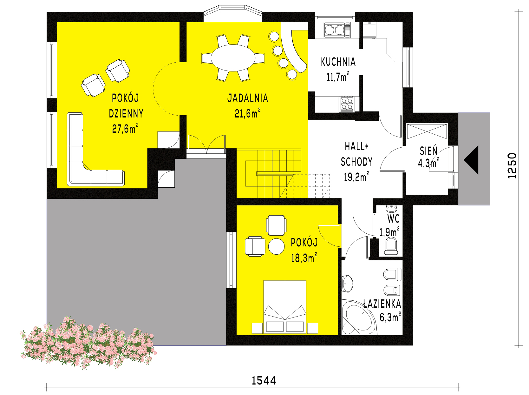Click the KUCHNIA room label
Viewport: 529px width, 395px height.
[338, 62]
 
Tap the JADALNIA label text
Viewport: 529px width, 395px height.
[248, 98]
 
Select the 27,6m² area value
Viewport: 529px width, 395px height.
[125, 128]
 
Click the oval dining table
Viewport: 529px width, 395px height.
[233, 58]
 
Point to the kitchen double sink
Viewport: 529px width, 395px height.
[335, 30]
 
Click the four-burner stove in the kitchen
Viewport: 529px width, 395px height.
[347, 104]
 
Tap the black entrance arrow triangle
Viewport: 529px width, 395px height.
[471, 160]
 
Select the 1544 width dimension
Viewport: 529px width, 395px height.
[264, 381]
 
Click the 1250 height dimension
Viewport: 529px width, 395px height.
[512, 166]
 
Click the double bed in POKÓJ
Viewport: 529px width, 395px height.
[285, 307]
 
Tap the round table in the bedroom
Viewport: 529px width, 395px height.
[277, 246]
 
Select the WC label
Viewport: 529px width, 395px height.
[393, 218]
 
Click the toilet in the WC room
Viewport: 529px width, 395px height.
[391, 246]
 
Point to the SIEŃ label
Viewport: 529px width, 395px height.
[428, 151]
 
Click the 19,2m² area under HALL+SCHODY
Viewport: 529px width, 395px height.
[356, 177]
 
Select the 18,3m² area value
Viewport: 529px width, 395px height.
[304, 258]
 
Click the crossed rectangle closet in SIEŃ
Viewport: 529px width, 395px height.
[427, 131]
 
